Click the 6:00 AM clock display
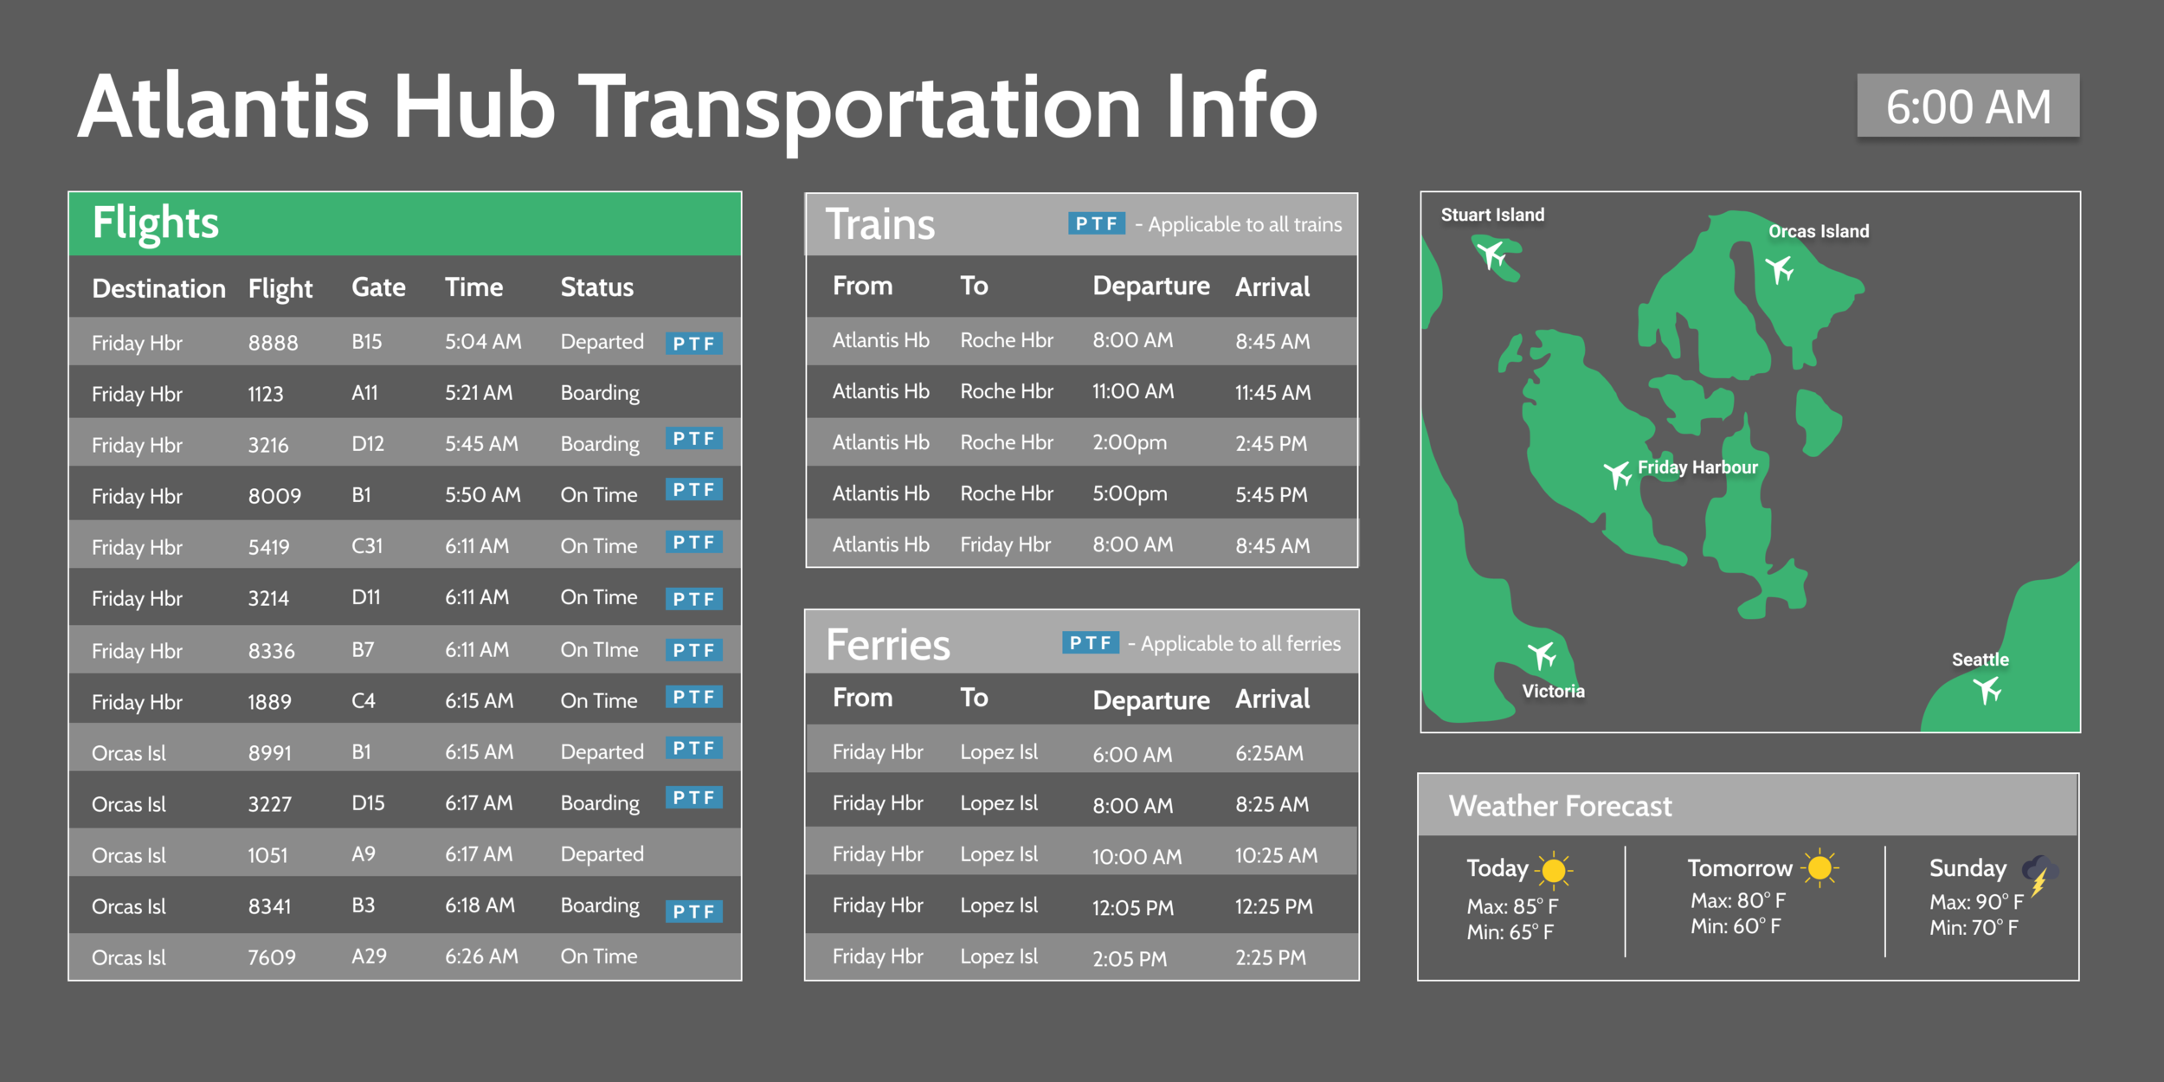1968,106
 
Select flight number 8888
273,343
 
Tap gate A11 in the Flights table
364,393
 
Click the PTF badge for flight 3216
693,439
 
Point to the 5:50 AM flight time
482,495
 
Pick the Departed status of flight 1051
602,854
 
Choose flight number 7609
272,957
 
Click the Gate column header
378,287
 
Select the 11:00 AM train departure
1132,391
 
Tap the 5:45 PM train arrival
1271,495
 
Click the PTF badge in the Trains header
1096,224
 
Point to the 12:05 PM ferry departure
1132,908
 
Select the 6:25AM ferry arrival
1269,753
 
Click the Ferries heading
887,645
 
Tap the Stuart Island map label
1491,215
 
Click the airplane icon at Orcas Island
1780,269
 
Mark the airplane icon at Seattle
1987,690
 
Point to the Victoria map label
1553,692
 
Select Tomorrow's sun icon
1819,867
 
